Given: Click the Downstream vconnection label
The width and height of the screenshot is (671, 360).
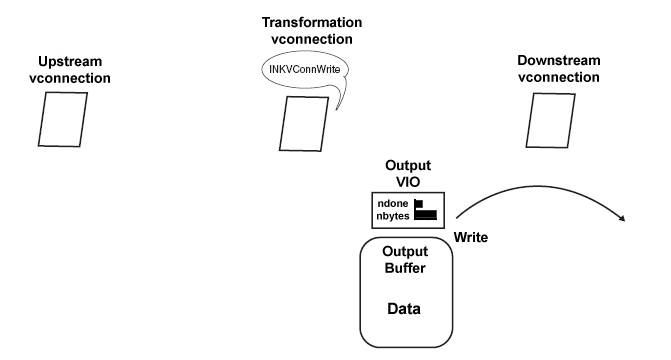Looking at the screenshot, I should tap(558, 69).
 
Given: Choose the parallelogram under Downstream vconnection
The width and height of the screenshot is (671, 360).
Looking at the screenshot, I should tap(549, 122).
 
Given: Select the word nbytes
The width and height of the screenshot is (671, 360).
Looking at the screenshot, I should tap(395, 214).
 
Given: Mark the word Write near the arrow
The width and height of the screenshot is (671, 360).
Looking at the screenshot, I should tap(471, 237).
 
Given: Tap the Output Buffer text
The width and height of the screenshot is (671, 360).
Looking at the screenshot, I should tap(405, 260).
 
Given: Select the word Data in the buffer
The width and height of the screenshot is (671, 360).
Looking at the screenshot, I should tap(405, 309).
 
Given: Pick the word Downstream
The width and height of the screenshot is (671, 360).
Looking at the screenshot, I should tap(558, 62).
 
